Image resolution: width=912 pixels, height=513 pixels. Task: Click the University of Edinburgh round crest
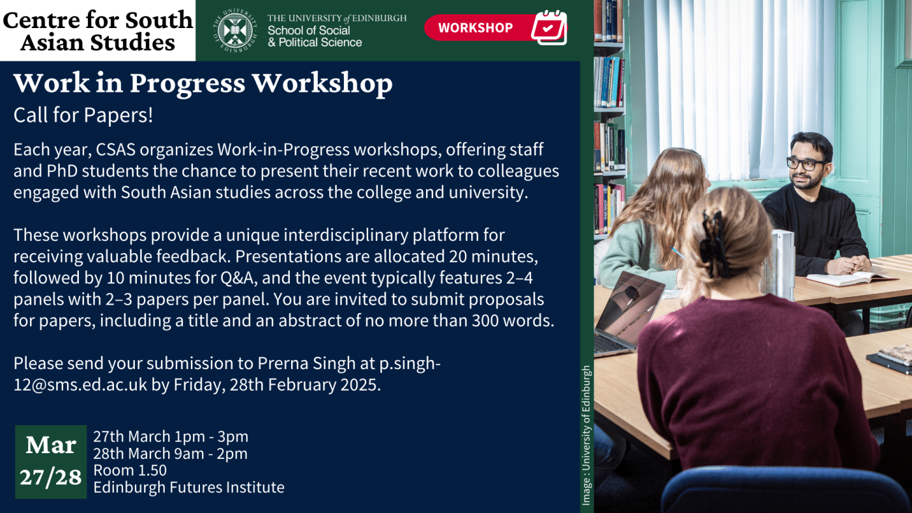click(x=235, y=30)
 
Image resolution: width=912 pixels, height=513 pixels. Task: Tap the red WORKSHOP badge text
click(x=475, y=27)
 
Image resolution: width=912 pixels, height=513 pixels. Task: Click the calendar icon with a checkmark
click(x=549, y=27)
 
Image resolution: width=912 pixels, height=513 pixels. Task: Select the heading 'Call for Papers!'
click(x=83, y=115)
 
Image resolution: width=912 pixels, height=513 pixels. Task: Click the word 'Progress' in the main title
click(x=188, y=84)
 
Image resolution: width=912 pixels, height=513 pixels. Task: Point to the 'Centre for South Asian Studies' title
click(x=97, y=31)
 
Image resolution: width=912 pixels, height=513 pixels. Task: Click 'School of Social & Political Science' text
click(x=315, y=36)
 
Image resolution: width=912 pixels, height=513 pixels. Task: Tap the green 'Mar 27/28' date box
click(x=51, y=462)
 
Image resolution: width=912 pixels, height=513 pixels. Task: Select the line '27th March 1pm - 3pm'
click(x=171, y=437)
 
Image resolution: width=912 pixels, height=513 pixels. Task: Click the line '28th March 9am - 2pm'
click(x=170, y=454)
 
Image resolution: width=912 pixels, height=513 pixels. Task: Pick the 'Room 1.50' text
click(x=130, y=470)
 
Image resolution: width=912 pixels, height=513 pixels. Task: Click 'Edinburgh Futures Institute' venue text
click(x=189, y=488)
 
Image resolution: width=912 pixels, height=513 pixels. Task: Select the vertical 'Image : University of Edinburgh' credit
click(x=586, y=435)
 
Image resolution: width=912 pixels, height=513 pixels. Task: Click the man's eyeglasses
click(x=806, y=164)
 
